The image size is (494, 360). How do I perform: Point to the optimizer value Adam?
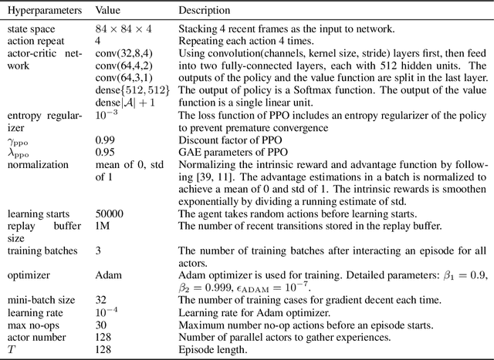(107, 273)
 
